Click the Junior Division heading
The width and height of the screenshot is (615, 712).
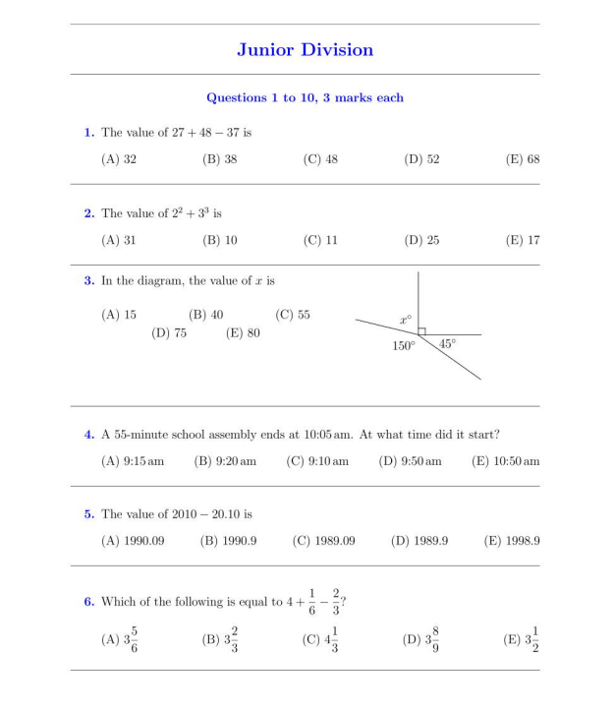(305, 50)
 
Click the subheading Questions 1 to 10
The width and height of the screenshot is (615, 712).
(305, 98)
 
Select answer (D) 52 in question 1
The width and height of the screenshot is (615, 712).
(421, 159)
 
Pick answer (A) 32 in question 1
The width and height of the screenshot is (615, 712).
(119, 159)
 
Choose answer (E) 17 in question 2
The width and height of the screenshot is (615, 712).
(522, 240)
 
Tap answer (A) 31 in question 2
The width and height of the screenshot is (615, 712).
(119, 240)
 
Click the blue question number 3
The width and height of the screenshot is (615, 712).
(88, 281)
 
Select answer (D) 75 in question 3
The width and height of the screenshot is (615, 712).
(169, 333)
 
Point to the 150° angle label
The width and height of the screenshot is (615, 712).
(404, 346)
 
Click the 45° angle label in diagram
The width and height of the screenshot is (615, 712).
(447, 344)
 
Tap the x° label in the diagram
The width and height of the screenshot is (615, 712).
(405, 320)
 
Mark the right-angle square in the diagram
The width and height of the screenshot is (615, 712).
(421, 331)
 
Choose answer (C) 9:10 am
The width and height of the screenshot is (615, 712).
(317, 461)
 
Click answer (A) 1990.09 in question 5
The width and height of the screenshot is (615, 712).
(133, 541)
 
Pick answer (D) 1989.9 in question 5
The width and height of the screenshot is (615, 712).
(419, 541)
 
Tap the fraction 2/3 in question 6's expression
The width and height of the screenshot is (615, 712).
(336, 601)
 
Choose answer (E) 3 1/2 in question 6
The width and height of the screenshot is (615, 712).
(522, 640)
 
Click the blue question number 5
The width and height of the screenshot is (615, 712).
(88, 514)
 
